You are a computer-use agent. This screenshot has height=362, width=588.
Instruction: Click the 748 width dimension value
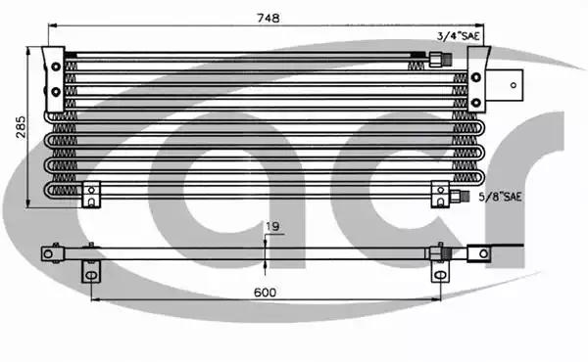(269, 18)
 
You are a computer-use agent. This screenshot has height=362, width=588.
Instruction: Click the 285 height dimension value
(21, 127)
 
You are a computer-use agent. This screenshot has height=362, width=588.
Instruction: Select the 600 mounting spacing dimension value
(265, 292)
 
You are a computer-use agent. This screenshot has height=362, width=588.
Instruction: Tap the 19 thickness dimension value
(272, 226)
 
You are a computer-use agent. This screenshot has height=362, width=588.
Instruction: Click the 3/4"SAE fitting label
(459, 36)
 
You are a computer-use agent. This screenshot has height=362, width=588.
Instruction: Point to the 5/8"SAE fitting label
(500, 197)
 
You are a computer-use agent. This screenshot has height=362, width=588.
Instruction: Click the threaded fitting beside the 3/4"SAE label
(440, 60)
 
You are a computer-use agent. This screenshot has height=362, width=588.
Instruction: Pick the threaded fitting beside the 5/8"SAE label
(459, 196)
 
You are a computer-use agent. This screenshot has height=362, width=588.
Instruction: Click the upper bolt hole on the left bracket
(56, 67)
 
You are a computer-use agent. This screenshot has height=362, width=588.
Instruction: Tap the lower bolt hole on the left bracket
(56, 91)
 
